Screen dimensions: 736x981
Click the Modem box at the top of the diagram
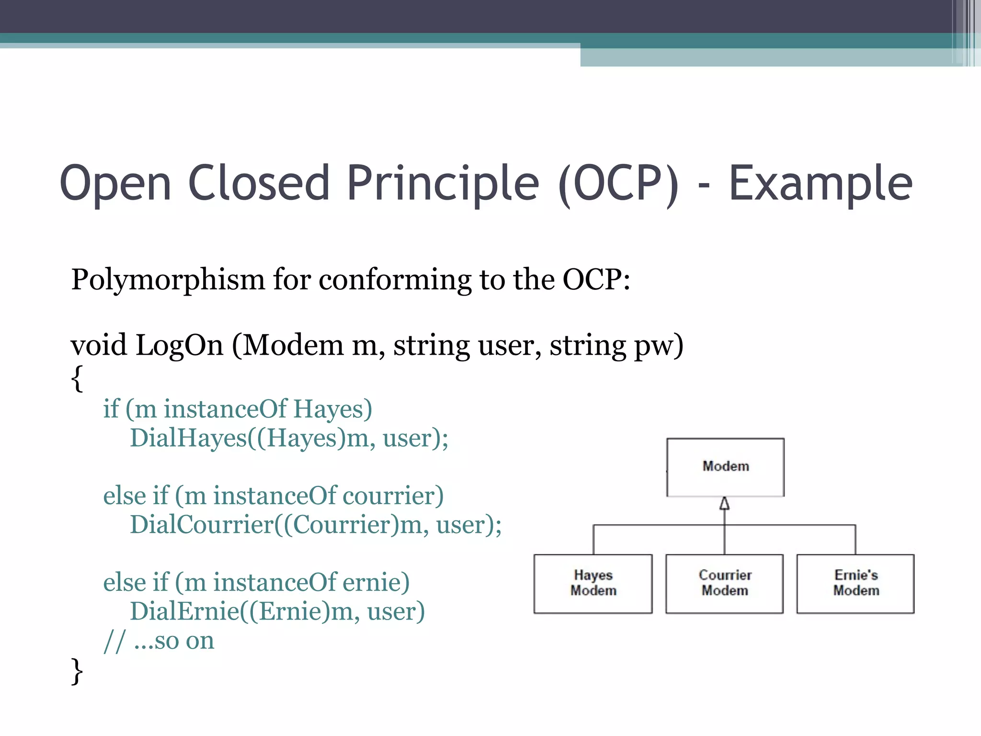(x=725, y=467)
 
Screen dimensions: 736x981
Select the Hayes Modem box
(x=593, y=583)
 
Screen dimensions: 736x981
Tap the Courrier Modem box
(x=725, y=583)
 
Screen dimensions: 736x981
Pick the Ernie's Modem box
(x=856, y=583)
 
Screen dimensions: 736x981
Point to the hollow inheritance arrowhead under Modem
(x=725, y=504)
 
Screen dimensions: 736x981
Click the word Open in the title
(x=115, y=183)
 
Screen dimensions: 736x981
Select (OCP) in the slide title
(x=618, y=183)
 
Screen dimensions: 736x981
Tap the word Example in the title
(x=820, y=183)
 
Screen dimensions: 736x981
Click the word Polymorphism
(x=168, y=279)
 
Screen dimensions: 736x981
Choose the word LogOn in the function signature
(x=179, y=345)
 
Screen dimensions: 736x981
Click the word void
(x=99, y=345)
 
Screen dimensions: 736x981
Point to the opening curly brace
(x=77, y=379)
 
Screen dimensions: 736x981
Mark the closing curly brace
(x=77, y=671)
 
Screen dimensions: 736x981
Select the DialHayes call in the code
(x=188, y=438)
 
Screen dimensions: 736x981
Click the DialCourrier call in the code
(x=202, y=525)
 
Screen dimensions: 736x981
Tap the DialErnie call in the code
(x=184, y=611)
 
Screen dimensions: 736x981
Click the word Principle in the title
(x=443, y=183)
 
